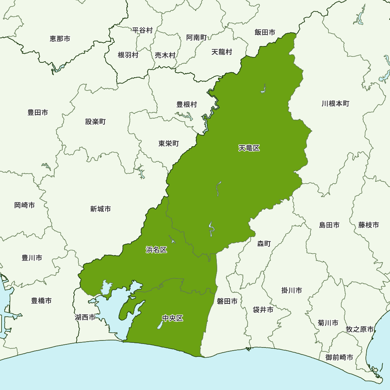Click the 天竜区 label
click(249, 148)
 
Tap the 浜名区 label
click(156, 250)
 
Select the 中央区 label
click(172, 319)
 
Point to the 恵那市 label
click(60, 39)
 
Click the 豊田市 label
click(38, 113)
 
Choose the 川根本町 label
click(335, 104)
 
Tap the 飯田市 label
click(265, 32)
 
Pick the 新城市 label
click(100, 209)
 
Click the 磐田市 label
click(227, 301)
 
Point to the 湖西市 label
click(85, 317)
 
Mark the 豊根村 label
click(187, 105)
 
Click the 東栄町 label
click(168, 144)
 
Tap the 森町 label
click(264, 244)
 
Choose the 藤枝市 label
click(369, 225)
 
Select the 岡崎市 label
click(25, 205)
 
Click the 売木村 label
click(165, 55)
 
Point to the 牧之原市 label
click(360, 330)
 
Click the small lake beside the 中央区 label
click(160, 325)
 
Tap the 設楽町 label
click(96, 122)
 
